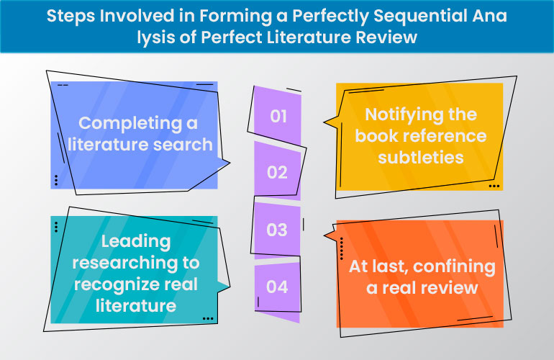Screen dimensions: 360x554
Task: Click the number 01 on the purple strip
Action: click(x=278, y=115)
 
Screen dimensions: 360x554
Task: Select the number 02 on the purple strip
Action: click(x=277, y=173)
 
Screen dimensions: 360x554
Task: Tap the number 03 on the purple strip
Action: click(x=277, y=230)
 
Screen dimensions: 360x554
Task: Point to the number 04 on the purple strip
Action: click(x=277, y=287)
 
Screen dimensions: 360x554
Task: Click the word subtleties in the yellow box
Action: click(x=420, y=156)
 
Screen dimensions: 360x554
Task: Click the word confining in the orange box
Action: click(x=451, y=267)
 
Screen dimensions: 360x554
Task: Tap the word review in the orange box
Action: click(x=450, y=288)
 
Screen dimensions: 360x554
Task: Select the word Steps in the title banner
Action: click(x=70, y=16)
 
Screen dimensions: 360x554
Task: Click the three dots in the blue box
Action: click(x=56, y=179)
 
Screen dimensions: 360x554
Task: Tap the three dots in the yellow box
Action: click(x=494, y=186)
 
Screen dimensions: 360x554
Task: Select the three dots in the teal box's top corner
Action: click(x=56, y=227)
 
